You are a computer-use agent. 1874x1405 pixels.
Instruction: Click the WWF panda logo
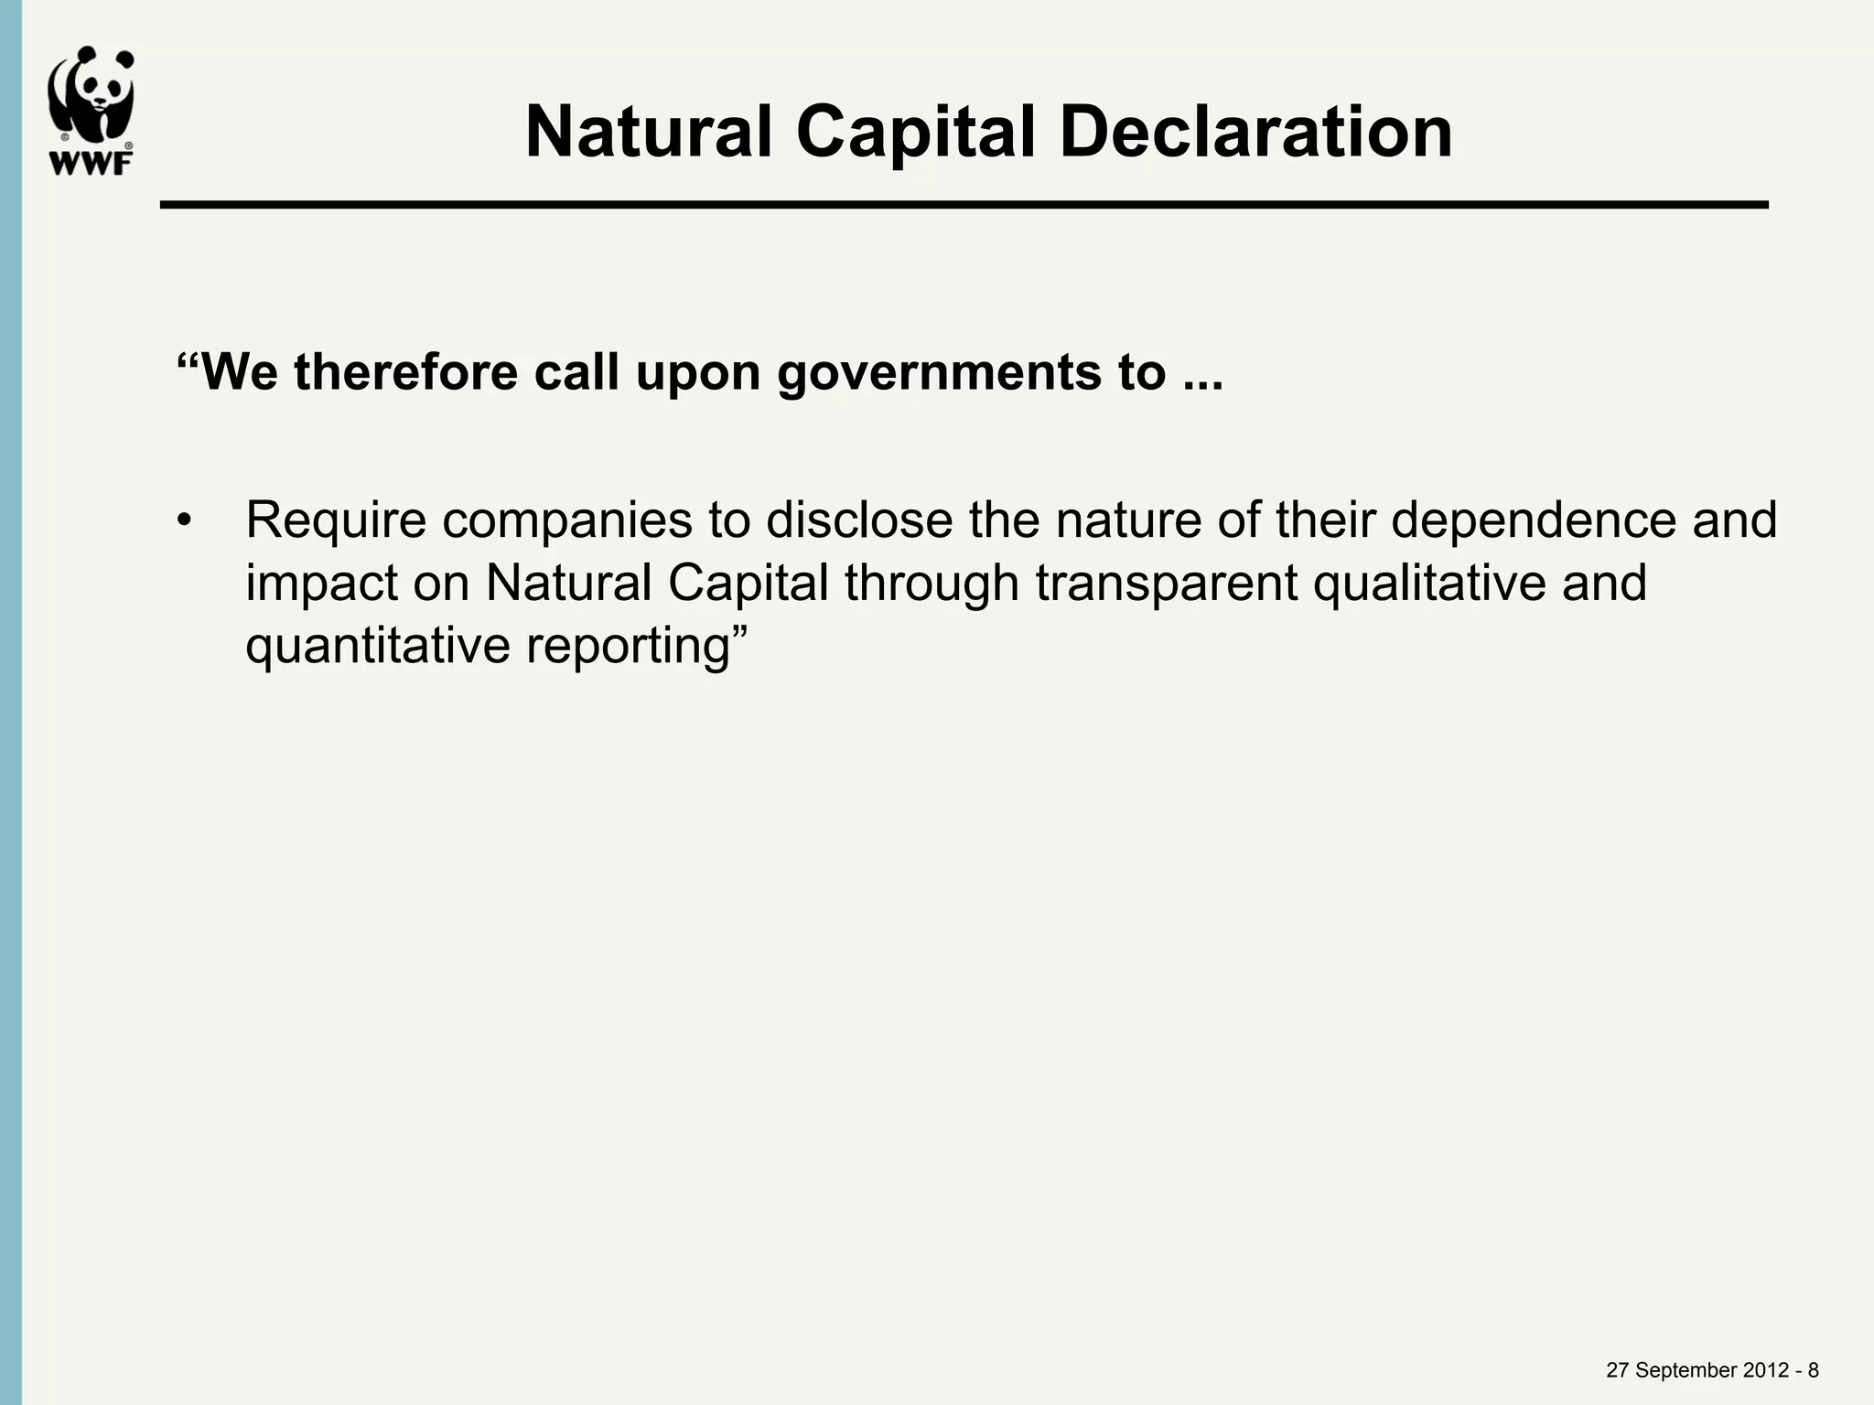coord(91,109)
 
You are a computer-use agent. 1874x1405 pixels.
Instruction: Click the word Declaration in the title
coord(1255,133)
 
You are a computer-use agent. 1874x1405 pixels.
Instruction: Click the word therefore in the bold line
coord(405,373)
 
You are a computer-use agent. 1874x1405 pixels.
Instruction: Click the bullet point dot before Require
coord(186,521)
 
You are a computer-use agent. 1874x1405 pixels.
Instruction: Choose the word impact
coord(321,583)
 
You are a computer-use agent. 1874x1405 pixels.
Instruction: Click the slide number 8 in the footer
coord(1813,1370)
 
